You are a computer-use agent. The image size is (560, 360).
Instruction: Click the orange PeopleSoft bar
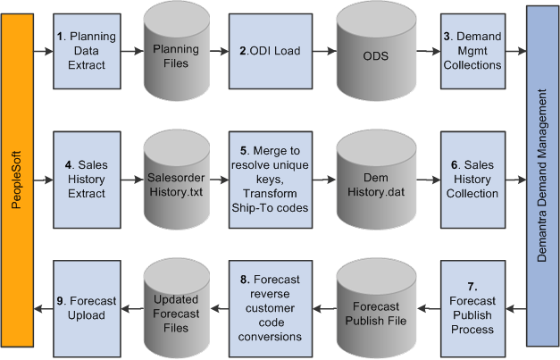(17, 179)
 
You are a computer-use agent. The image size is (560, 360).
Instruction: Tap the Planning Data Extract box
(86, 50)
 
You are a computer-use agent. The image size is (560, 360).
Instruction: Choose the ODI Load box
(263, 50)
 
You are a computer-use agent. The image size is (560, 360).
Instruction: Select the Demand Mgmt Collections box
(472, 50)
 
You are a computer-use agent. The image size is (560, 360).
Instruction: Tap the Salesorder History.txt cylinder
(176, 176)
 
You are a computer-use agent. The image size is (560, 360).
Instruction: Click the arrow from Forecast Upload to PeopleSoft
(43, 308)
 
